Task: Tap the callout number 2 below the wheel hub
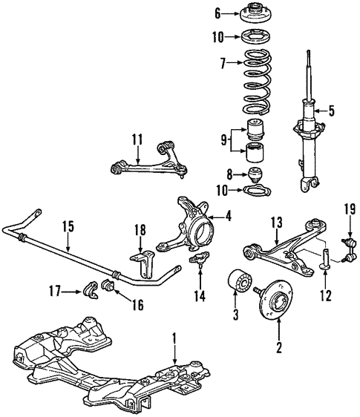(279, 347)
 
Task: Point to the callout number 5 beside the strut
(332, 112)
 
